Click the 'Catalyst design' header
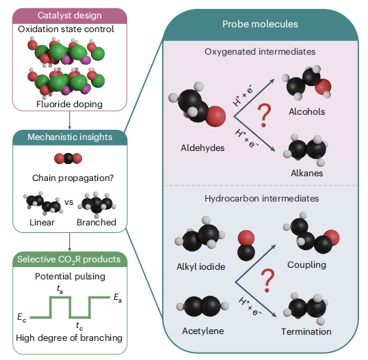70,16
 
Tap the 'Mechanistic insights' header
70,137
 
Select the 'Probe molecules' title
260,24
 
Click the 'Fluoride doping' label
69,105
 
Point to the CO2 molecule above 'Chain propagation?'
68,158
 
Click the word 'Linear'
42,223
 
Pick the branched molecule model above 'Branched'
97,204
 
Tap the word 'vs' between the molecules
69,202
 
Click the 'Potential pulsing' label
70,277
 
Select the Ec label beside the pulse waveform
22,318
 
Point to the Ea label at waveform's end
118,298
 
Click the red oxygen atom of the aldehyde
215,117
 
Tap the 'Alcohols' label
306,112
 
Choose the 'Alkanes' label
306,174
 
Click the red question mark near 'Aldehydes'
264,115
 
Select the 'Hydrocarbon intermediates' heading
261,199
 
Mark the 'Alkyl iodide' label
200,266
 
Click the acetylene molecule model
202,306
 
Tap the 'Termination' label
306,331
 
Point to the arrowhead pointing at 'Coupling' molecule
274,247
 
